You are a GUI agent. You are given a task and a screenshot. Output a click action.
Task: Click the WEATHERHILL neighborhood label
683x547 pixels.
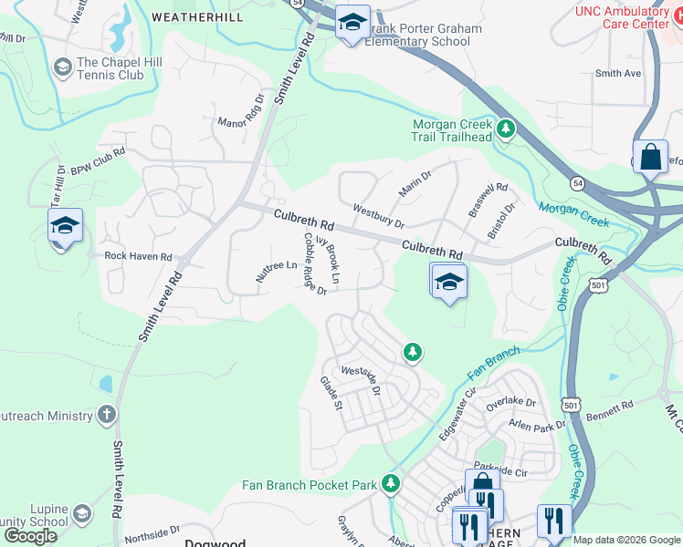(x=198, y=16)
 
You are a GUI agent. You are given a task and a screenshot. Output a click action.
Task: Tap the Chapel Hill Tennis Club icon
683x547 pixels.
(x=62, y=68)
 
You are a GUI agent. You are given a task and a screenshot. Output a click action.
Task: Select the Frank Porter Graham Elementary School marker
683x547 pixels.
(x=351, y=23)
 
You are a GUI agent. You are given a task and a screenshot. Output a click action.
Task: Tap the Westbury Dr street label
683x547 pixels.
(x=378, y=216)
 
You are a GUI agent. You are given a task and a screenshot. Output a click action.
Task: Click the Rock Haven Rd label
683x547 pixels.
(x=138, y=257)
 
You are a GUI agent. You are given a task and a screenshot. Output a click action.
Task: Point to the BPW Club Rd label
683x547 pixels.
(x=97, y=160)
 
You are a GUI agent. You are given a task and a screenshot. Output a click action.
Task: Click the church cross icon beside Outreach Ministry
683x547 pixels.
(x=107, y=416)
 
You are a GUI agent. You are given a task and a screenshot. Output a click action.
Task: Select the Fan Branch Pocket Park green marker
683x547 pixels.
(x=392, y=483)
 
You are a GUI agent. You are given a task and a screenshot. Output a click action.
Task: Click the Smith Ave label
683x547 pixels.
(x=618, y=74)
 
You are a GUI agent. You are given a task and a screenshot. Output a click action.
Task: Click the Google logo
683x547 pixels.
(x=30, y=535)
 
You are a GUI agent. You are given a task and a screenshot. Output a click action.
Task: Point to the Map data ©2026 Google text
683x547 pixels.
(x=626, y=540)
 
